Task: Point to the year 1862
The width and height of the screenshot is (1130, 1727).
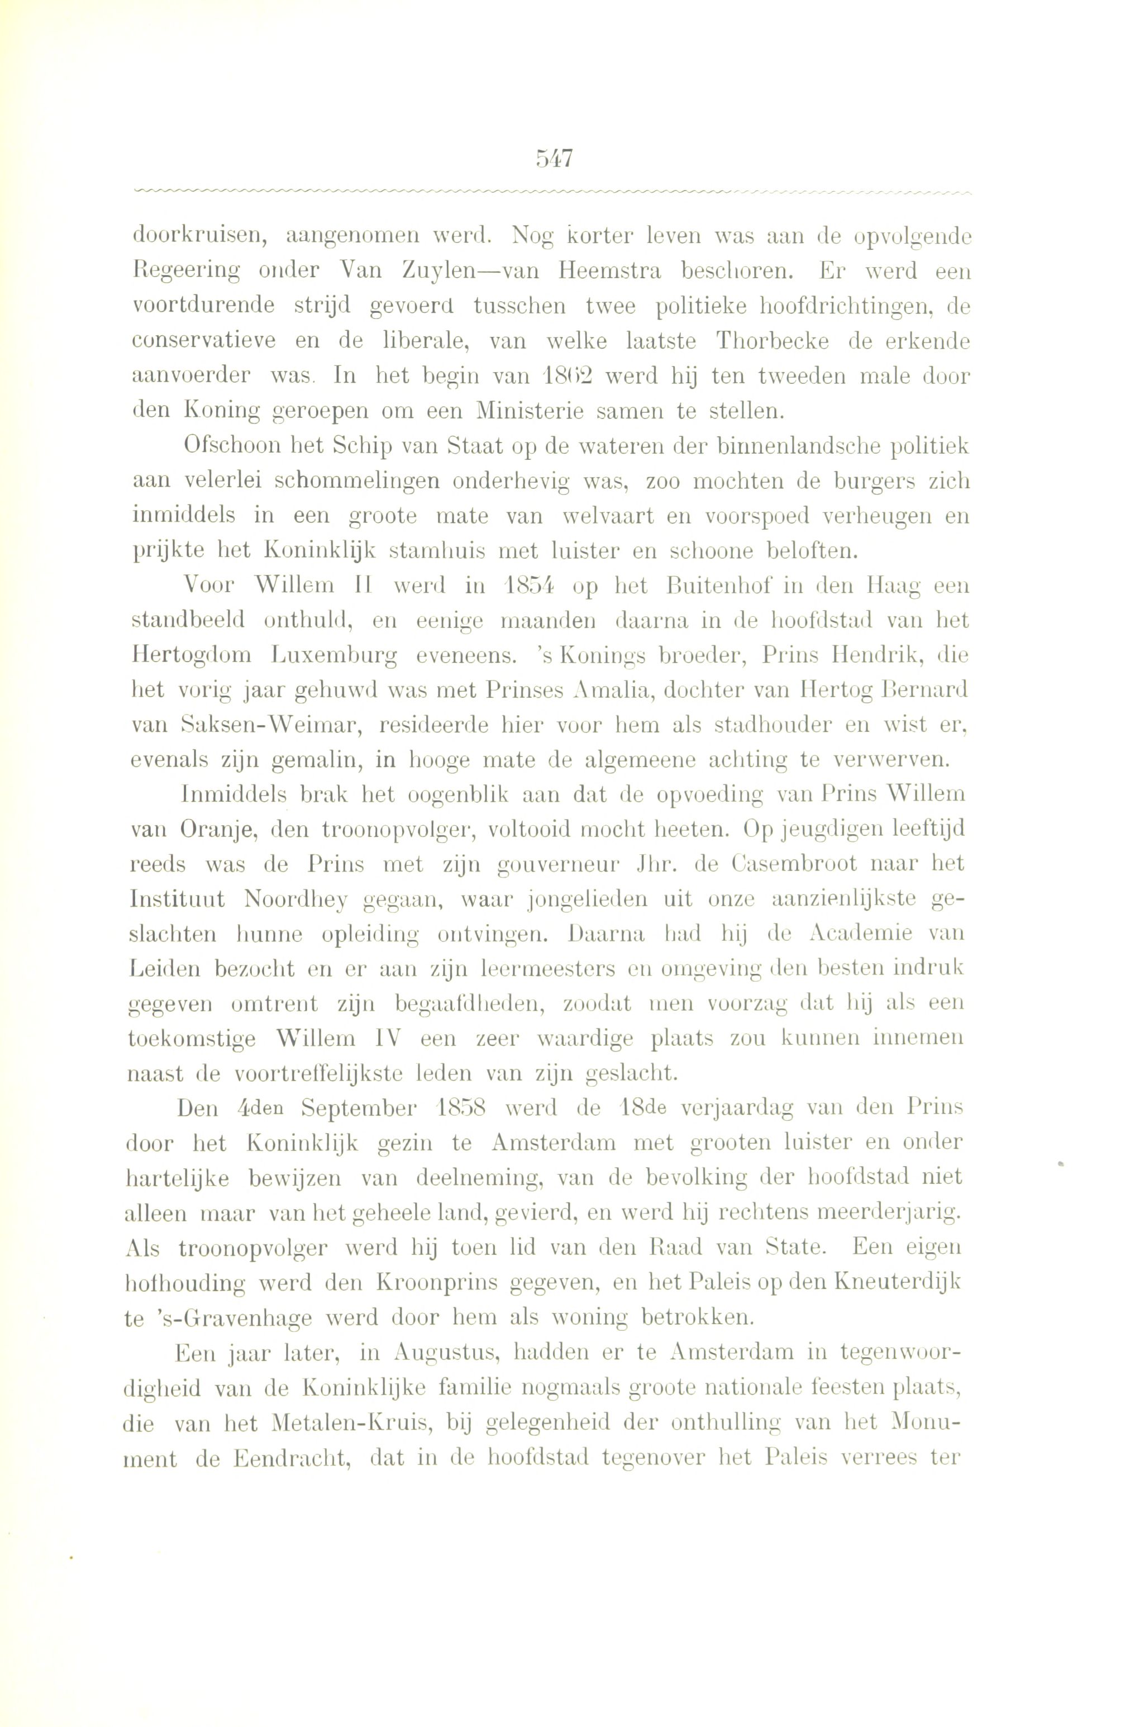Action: (566, 376)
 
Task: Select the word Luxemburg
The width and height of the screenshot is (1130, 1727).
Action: (335, 655)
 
